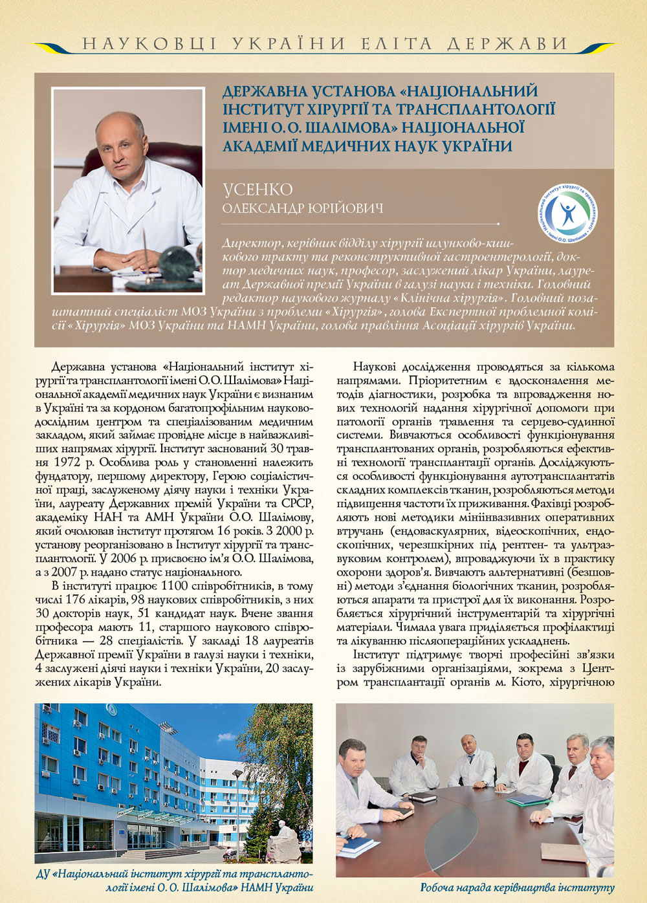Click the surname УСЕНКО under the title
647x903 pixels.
[x=258, y=190]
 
